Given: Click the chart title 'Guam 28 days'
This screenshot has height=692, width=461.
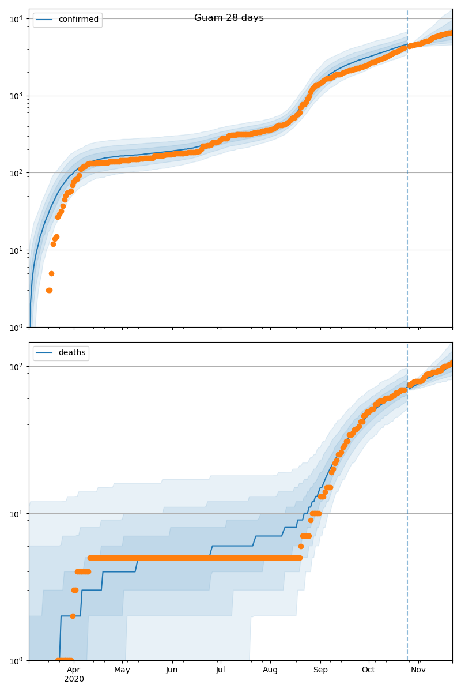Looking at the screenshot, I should tap(229, 18).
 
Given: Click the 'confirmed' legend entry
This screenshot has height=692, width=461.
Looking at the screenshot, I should tap(78, 20).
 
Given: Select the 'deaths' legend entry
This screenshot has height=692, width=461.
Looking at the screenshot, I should tap(71, 353).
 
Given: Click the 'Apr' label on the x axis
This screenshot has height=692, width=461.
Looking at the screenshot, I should tap(73, 670).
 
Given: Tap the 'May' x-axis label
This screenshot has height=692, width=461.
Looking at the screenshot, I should tap(122, 670).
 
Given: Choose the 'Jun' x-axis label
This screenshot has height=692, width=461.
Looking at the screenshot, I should tap(172, 670).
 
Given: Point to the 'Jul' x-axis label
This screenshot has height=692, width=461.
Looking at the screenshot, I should tap(220, 670).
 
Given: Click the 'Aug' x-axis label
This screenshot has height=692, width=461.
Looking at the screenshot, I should tap(270, 670).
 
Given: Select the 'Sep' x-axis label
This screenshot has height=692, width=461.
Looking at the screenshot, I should tap(320, 670).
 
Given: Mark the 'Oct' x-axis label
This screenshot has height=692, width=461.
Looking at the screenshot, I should tap(368, 670).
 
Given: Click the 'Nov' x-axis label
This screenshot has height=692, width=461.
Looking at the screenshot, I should tap(418, 670).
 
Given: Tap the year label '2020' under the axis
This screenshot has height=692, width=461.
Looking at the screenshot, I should tap(74, 679).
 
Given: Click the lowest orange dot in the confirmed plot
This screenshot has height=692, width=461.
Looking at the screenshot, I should tap(49, 290).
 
